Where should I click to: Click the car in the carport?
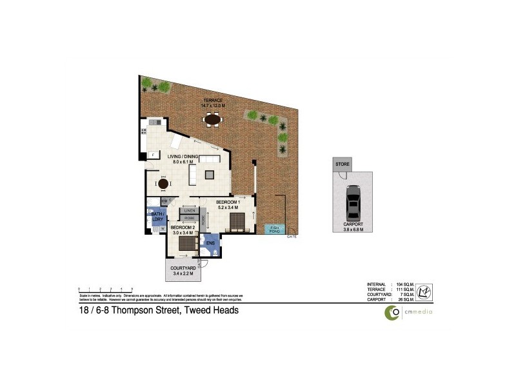coord(352,201)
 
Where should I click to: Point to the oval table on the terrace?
coord(212,119)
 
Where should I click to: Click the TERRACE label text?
coord(212,101)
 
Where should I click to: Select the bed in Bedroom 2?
coord(187,243)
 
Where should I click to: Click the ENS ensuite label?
coord(210,243)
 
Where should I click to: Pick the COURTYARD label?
coord(184,268)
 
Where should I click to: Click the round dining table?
coord(164,184)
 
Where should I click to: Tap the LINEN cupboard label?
coord(190,210)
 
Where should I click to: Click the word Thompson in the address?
coord(136,311)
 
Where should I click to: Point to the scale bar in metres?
coord(105,288)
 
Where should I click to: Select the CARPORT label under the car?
coord(353,225)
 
